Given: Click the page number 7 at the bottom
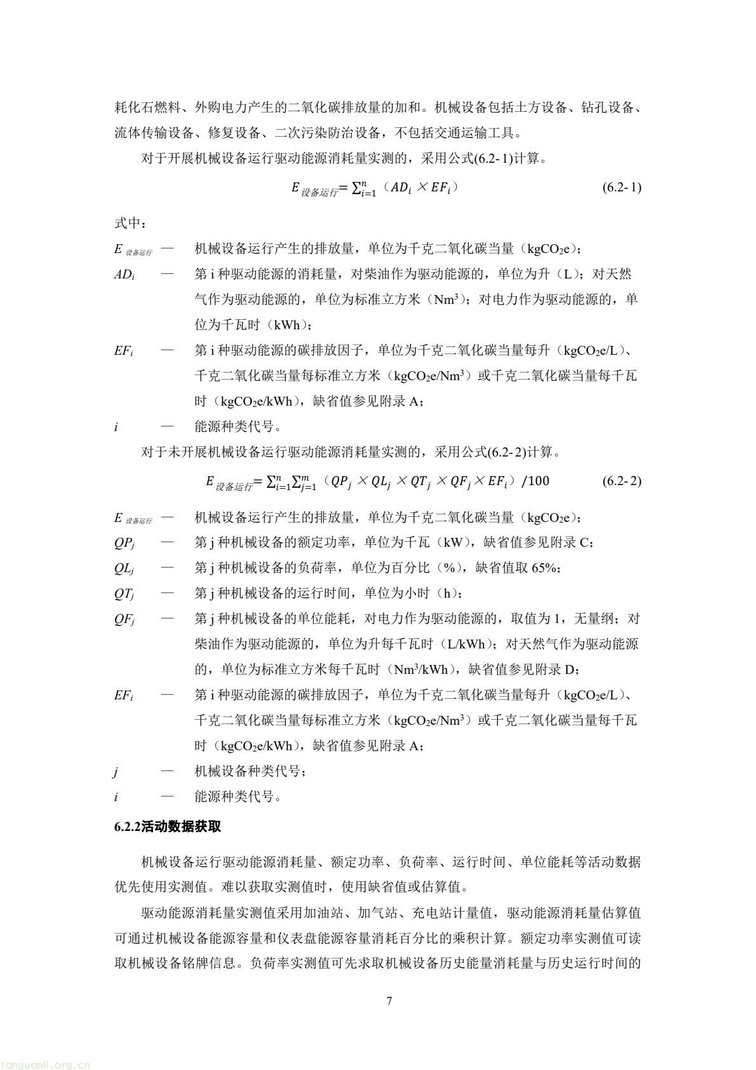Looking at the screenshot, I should (x=389, y=1001).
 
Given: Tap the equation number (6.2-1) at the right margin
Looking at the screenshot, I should (x=621, y=188).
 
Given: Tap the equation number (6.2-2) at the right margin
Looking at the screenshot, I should (x=621, y=481).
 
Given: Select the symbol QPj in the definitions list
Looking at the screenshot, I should (x=125, y=543).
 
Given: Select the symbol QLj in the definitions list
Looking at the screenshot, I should (x=125, y=568).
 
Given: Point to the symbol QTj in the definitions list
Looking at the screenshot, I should (x=125, y=594).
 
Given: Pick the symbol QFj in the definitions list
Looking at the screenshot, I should (x=125, y=619).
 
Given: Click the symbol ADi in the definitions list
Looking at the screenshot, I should (x=124, y=275).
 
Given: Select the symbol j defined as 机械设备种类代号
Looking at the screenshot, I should (x=116, y=772).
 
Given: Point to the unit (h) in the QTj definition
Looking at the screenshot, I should (x=446, y=593).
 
